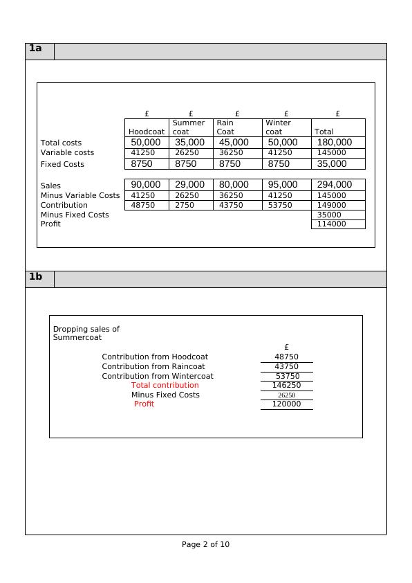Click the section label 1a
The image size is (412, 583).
tap(35, 48)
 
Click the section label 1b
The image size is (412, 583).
tap(35, 277)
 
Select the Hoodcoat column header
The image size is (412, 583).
tap(147, 132)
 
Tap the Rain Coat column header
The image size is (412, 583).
tap(225, 127)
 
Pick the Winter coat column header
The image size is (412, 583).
tap(278, 127)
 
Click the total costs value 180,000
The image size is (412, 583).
tap(334, 143)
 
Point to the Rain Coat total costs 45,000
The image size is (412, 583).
tap(234, 143)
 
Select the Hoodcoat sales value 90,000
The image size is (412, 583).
tap(146, 185)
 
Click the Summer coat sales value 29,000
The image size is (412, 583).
tap(189, 185)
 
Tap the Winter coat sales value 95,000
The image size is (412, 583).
tap(283, 185)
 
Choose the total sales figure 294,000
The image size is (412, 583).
tap(334, 185)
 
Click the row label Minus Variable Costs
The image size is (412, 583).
tap(80, 196)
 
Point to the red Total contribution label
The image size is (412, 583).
tap(165, 385)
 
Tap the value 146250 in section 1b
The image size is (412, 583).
tap(286, 385)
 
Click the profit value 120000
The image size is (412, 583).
tap(286, 404)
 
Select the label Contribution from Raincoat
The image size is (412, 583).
tap(153, 366)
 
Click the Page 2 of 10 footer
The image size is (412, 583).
tap(205, 544)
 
